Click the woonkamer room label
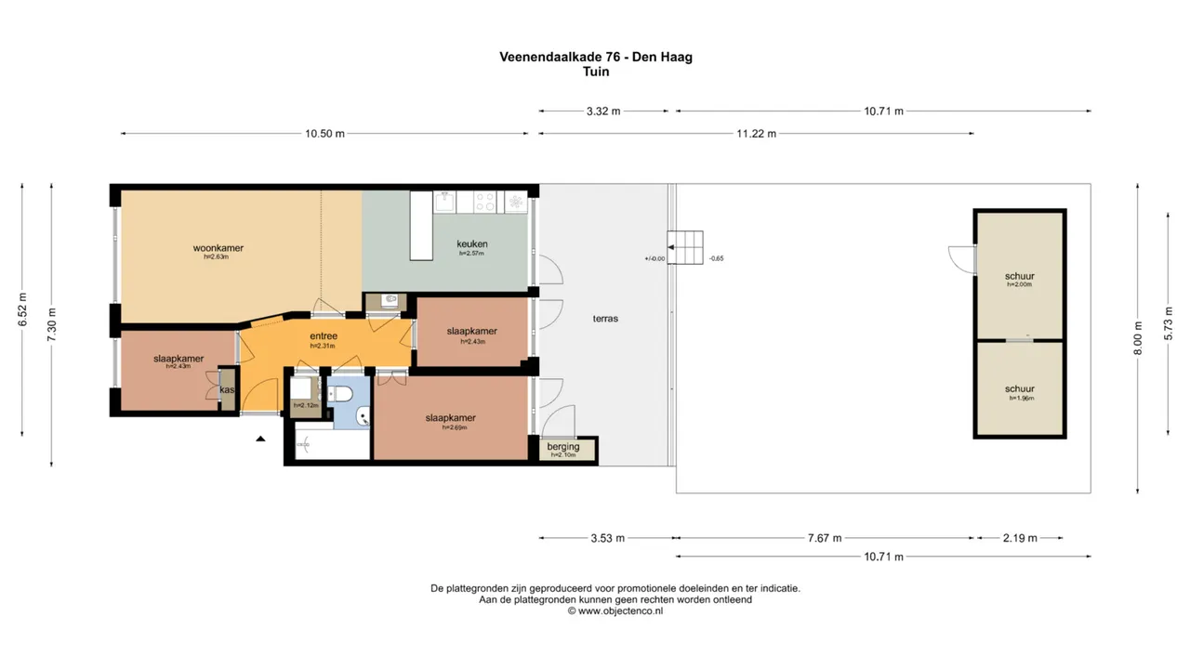point(218,248)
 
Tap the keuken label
point(471,244)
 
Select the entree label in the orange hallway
point(323,336)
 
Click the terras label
point(605,319)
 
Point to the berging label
point(563,447)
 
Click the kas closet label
point(227,390)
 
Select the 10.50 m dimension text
point(324,134)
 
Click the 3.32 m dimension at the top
point(603,111)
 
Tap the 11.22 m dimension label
point(756,134)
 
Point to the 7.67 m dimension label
point(824,538)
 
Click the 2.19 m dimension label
point(1019,538)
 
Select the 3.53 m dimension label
point(607,538)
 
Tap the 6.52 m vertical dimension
point(22,309)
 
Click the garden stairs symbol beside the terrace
point(686,248)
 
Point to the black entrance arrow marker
point(260,438)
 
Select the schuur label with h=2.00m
point(1019,277)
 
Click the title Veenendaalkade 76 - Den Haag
point(595,57)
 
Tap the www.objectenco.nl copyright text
point(615,611)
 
